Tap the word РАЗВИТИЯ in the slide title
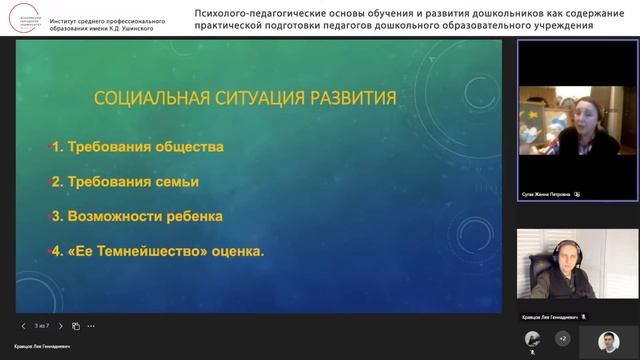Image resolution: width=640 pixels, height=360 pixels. [x=344, y=98]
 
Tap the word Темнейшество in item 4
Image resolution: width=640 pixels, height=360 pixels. [x=135, y=251]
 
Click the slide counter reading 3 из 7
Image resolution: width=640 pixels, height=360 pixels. [x=42, y=326]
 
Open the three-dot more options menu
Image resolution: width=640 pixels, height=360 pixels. [x=95, y=326]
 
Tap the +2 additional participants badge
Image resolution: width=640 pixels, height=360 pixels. [x=562, y=339]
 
